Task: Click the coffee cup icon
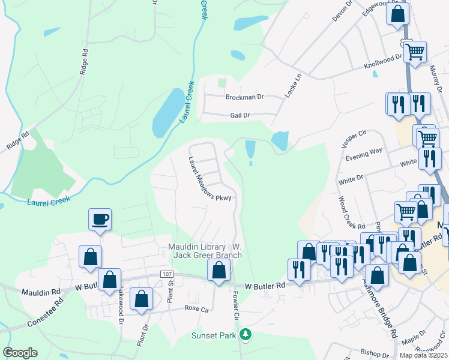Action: (x=100, y=219)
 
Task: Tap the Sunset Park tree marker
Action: (x=244, y=334)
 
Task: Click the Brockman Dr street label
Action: (x=244, y=97)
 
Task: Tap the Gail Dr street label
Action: (x=238, y=115)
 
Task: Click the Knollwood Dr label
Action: (x=382, y=61)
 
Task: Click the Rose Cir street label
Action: (x=196, y=308)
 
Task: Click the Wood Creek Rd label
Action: (x=351, y=213)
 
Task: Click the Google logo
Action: (x=20, y=353)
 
